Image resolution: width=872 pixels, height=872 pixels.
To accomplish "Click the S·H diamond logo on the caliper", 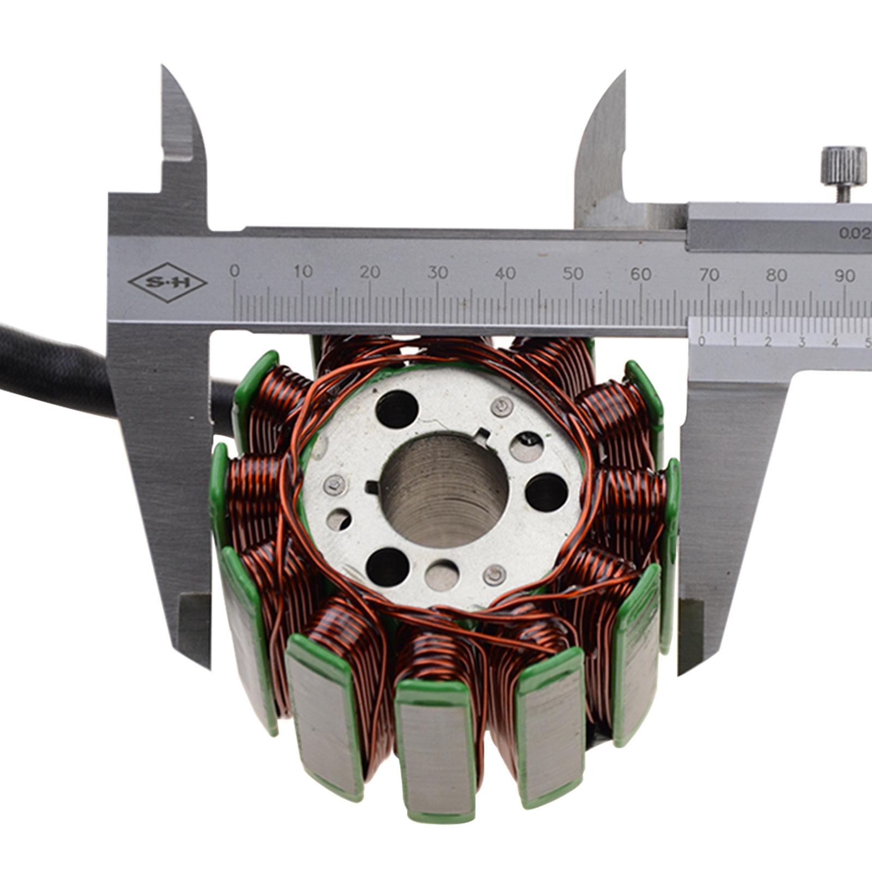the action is click(167, 283).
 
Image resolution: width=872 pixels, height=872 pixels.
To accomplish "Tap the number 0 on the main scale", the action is click(234, 271).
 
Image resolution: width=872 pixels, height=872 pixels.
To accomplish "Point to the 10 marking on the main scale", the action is click(302, 271).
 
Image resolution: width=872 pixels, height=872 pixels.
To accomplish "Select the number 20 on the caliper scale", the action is click(370, 272).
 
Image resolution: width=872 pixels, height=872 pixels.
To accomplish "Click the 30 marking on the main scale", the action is click(438, 272).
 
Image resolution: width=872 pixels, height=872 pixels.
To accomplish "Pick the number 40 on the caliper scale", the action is click(506, 273).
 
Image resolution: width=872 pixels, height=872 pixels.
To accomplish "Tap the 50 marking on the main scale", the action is click(573, 274).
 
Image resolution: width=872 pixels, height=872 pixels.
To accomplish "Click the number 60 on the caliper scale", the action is click(641, 274).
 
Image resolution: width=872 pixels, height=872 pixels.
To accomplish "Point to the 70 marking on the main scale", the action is click(709, 275).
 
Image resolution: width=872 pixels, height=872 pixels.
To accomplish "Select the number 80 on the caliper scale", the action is click(777, 275).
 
